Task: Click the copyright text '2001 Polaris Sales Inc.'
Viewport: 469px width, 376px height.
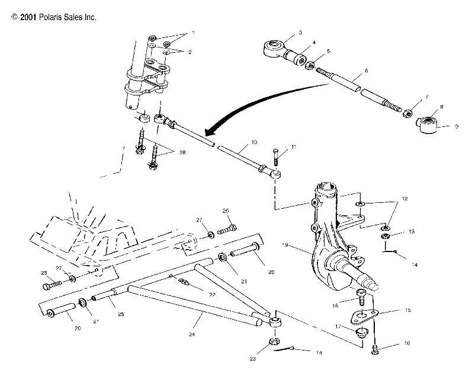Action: [x=54, y=17]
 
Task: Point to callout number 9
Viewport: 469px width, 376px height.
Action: [x=455, y=126]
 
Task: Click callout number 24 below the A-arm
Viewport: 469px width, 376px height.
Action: [x=192, y=334]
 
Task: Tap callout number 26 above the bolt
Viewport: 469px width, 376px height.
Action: [x=226, y=211]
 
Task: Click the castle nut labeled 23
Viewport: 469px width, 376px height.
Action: [x=274, y=342]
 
